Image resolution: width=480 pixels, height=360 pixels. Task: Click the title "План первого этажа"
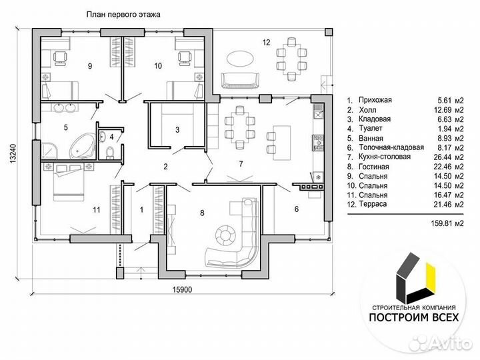tap(123, 15)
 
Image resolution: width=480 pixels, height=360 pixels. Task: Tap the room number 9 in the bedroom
tap(90, 66)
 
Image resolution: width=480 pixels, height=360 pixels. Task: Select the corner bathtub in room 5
tap(83, 146)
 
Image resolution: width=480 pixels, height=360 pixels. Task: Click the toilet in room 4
tap(109, 152)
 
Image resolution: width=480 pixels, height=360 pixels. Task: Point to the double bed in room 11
tap(69, 182)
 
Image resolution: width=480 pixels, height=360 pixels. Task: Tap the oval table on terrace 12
tap(240, 57)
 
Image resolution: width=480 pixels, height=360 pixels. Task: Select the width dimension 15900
tap(182, 289)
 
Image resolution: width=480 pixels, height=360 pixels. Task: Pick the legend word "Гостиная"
tap(374, 167)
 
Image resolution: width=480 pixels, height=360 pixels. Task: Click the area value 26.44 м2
tap(449, 157)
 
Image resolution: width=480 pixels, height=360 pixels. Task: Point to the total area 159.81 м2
tap(447, 223)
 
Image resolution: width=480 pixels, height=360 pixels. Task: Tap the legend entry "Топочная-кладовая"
tap(391, 147)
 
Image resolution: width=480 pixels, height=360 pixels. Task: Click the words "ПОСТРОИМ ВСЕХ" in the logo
tap(414, 317)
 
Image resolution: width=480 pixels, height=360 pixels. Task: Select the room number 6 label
tap(296, 209)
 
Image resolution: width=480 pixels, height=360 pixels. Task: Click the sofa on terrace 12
tap(240, 81)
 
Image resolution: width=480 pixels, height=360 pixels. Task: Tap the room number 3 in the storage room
tap(177, 130)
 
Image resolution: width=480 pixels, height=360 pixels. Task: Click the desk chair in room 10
tap(185, 58)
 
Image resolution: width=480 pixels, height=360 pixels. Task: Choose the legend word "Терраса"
tap(373, 204)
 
